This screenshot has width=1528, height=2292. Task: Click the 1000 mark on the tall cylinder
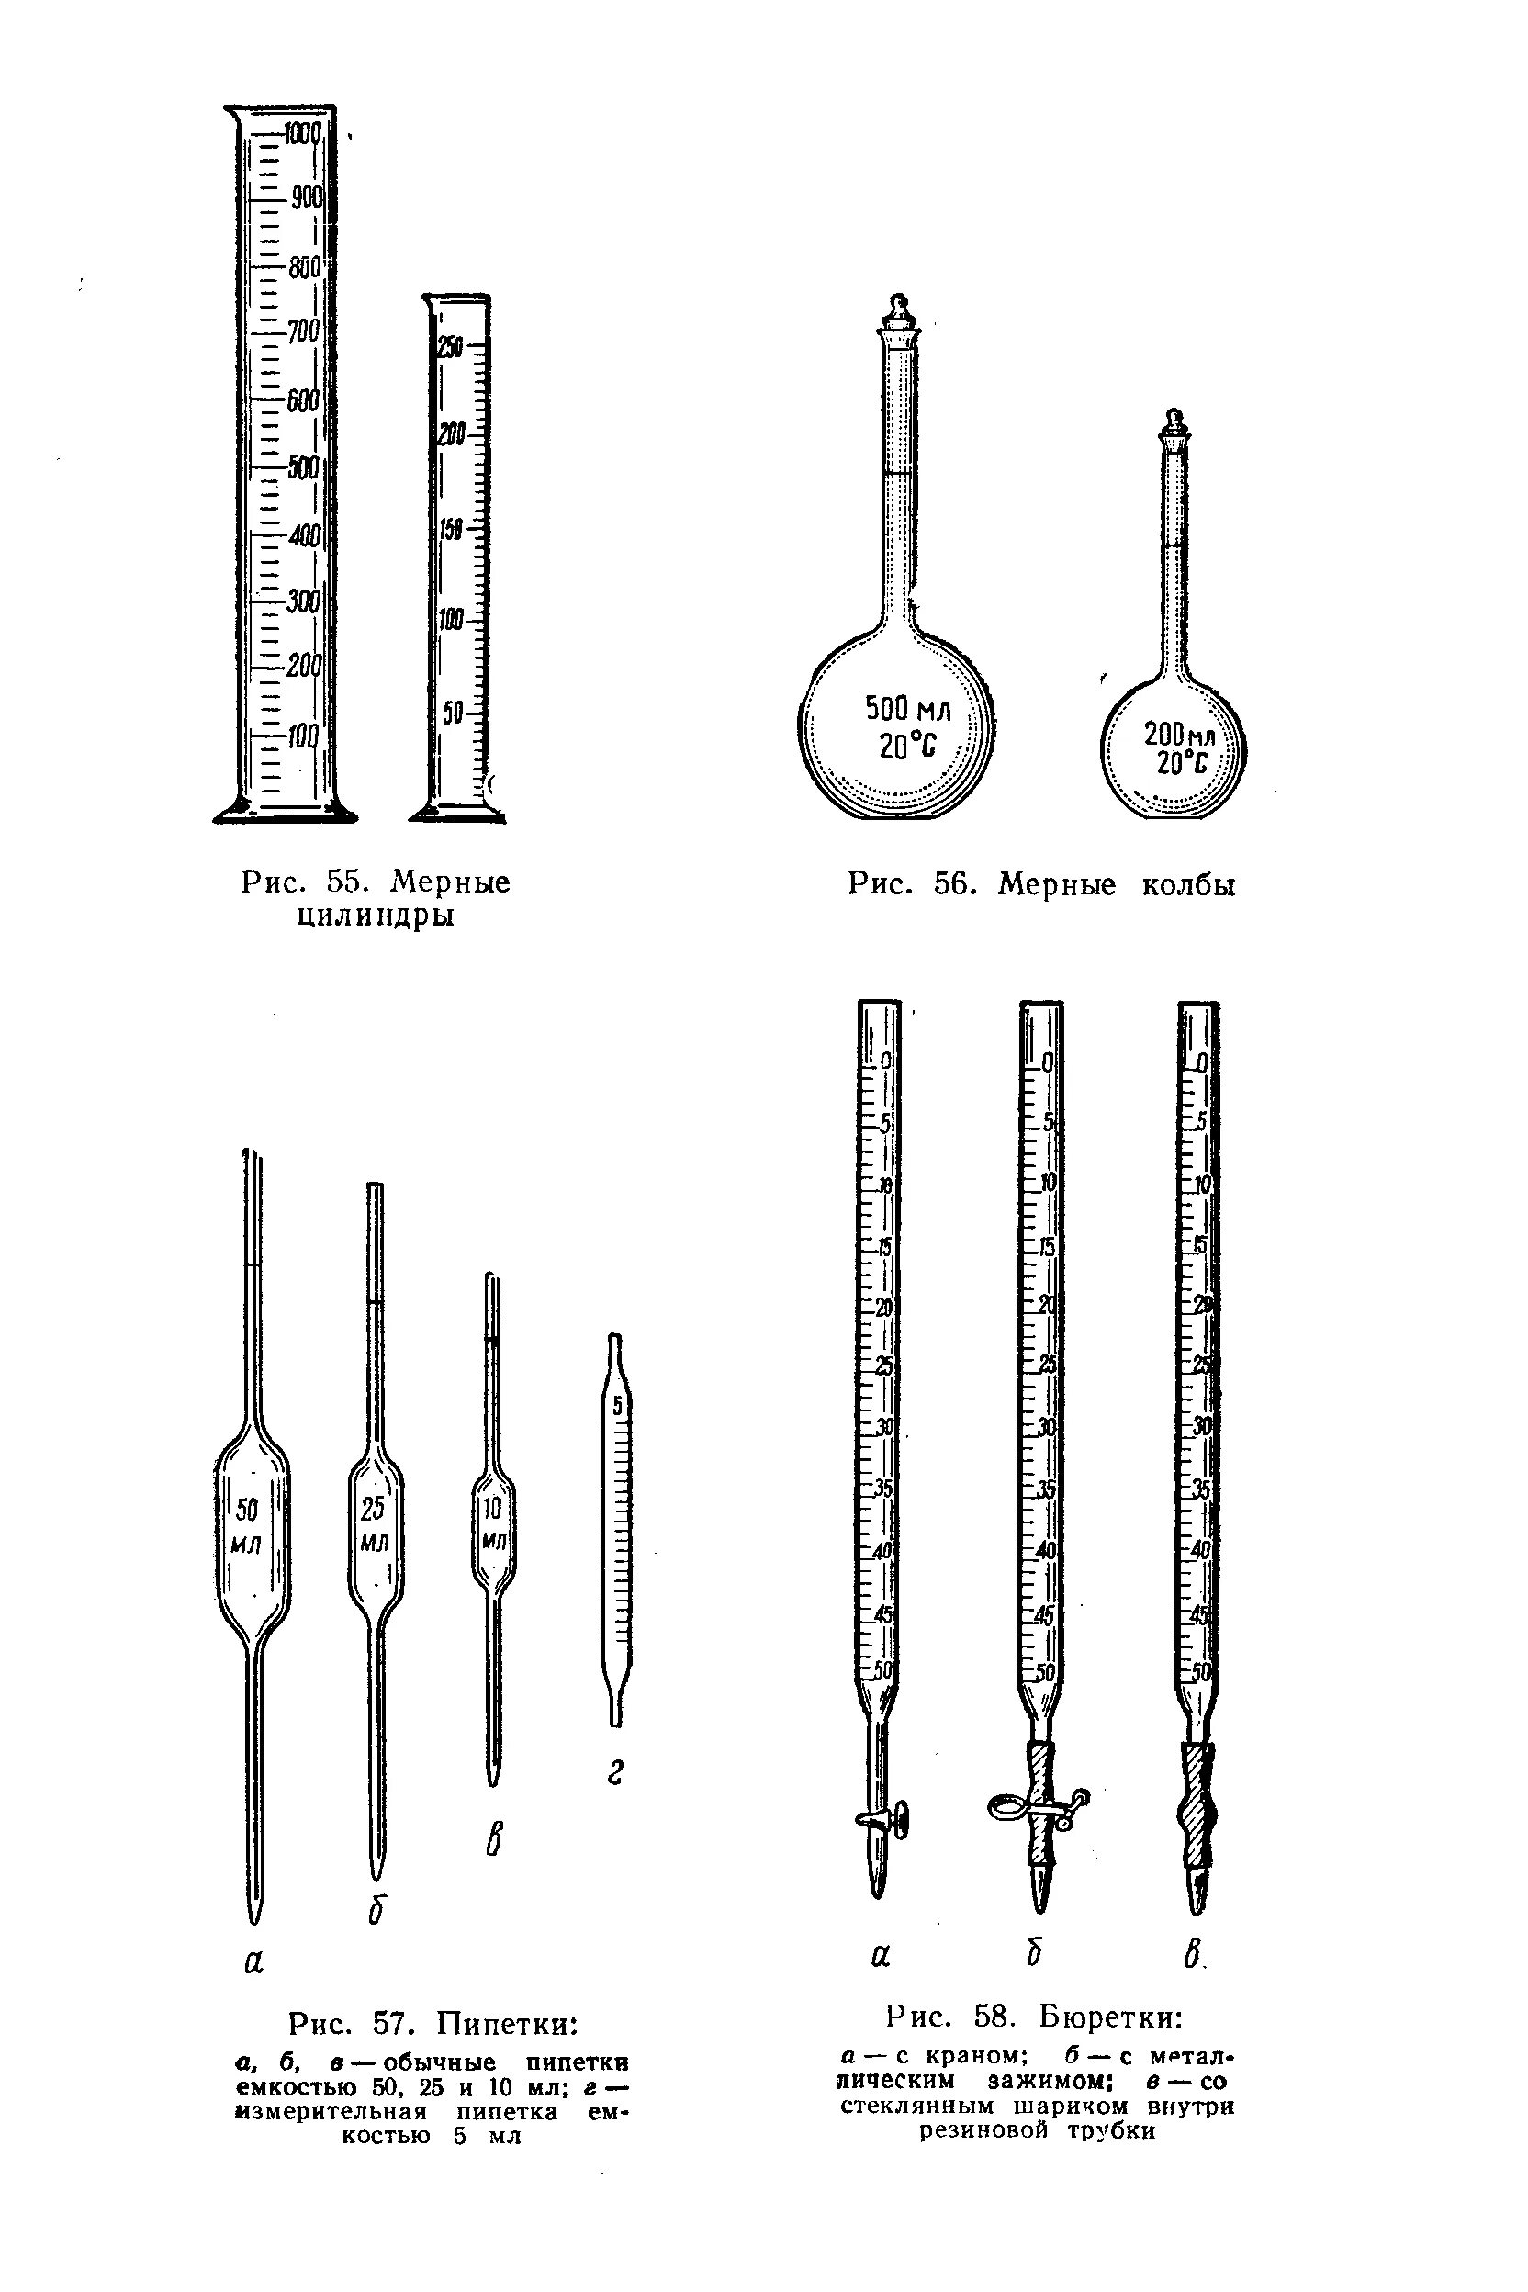[x=303, y=133]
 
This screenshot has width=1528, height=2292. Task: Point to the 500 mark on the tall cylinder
[x=303, y=466]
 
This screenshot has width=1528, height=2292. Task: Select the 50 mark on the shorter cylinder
[x=453, y=713]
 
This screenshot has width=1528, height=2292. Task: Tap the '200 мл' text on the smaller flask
[x=1180, y=733]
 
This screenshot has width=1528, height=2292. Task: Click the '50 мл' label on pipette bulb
[x=248, y=1526]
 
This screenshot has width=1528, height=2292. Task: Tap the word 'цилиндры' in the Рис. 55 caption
[x=376, y=916]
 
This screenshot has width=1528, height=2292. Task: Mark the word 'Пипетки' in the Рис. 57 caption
[x=507, y=2024]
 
